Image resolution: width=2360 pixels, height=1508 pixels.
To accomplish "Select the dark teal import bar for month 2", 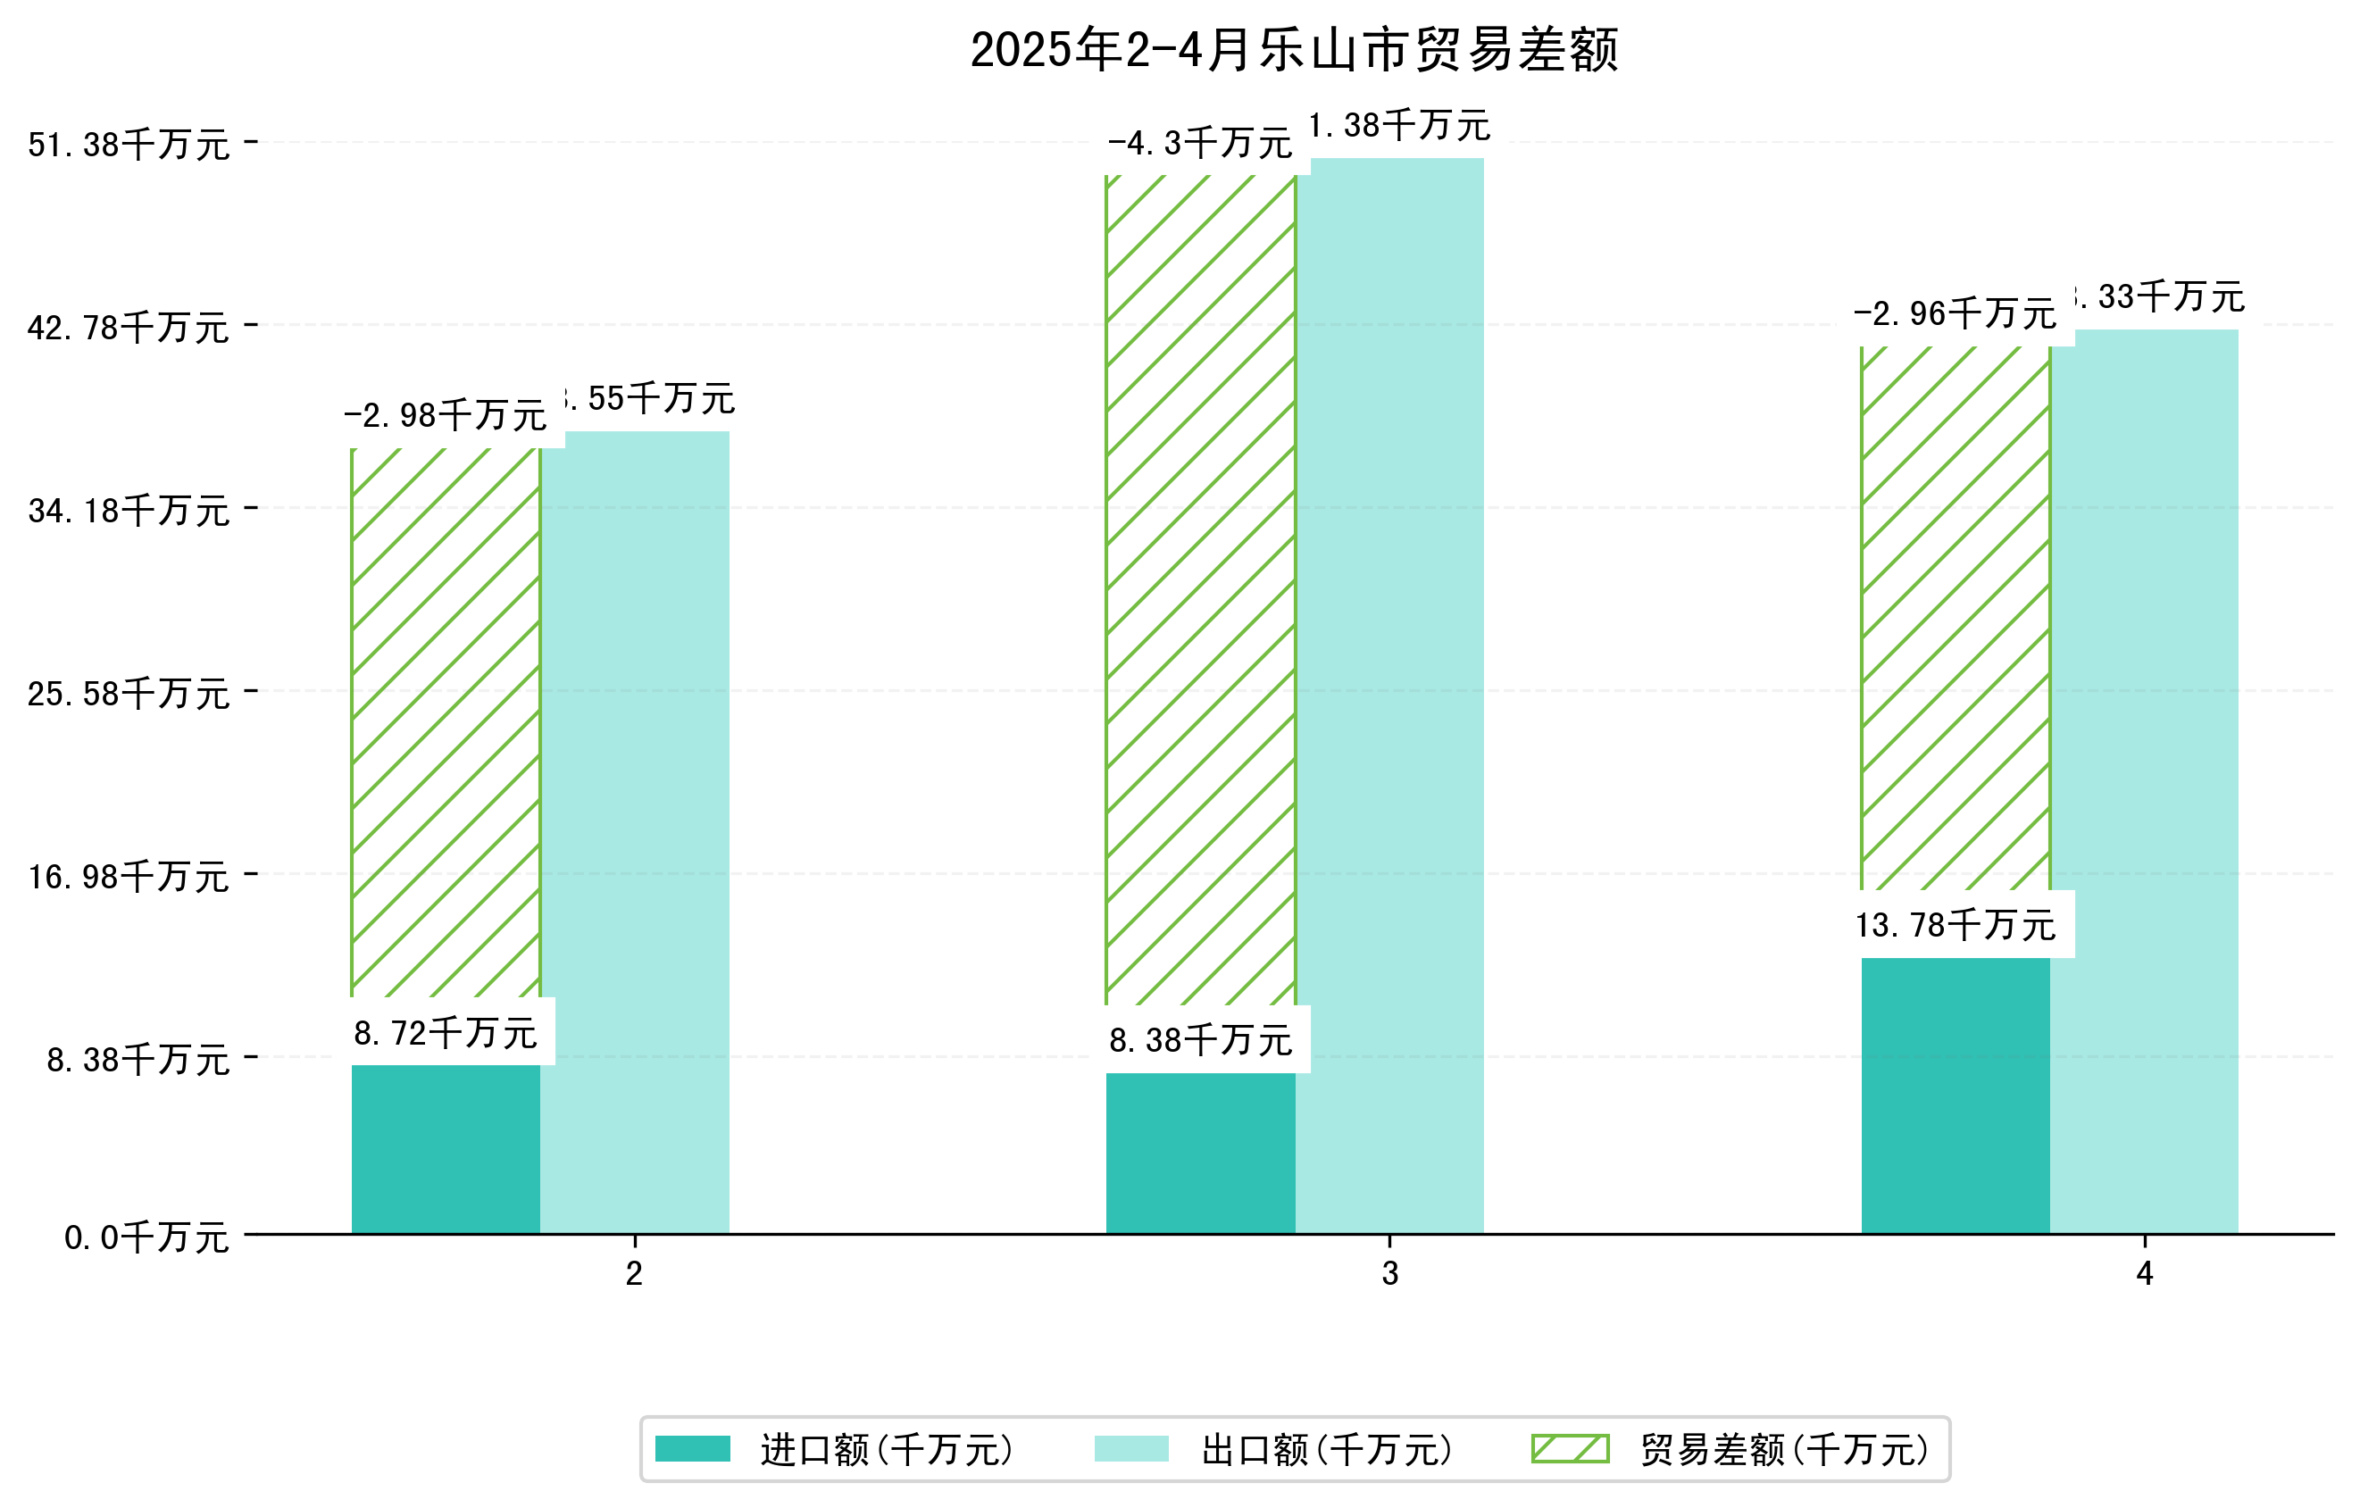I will tap(445, 1148).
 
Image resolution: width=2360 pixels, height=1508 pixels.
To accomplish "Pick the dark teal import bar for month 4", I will tap(1955, 1095).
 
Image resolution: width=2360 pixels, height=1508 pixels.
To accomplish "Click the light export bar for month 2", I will tap(634, 833).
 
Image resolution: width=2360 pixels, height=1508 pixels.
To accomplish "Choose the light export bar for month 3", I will tap(1388, 696).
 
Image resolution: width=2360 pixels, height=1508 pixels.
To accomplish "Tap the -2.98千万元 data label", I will tap(445, 415).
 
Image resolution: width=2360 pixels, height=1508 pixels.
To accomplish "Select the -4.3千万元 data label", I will tap(1199, 143).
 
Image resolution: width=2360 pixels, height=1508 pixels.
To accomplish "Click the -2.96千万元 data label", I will tap(1955, 313).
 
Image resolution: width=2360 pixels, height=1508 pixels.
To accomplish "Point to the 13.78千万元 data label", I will tap(1955, 925).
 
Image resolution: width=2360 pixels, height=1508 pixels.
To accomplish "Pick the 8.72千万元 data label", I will tap(445, 1033).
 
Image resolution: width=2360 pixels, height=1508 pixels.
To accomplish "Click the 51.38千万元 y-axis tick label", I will tap(129, 145).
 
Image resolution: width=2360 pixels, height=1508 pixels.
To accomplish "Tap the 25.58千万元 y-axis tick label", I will tap(129, 694).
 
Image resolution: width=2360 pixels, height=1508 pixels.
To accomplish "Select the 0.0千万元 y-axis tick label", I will tap(146, 1237).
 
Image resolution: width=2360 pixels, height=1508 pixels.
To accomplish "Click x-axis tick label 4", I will tap(2145, 1274).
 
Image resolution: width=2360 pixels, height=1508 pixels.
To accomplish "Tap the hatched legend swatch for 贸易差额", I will tap(1570, 1448).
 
